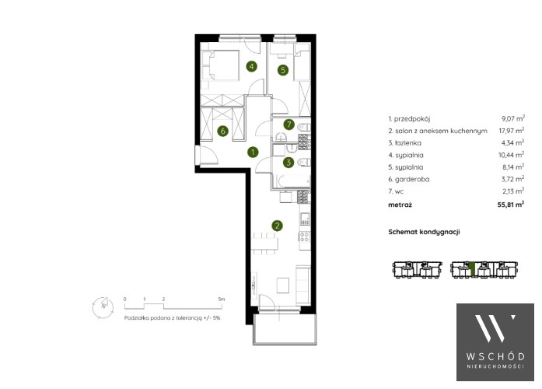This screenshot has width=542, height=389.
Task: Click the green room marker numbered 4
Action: click(x=252, y=66)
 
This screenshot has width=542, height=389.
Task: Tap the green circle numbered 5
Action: click(x=283, y=70)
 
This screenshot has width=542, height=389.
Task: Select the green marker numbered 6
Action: click(x=223, y=131)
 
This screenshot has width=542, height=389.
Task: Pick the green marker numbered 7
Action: click(x=289, y=124)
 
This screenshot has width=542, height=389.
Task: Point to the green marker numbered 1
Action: click(x=253, y=152)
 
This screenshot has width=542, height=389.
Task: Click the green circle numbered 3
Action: click(x=288, y=162)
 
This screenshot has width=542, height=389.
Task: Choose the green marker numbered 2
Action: click(x=277, y=226)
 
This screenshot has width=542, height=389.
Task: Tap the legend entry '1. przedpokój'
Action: click(x=409, y=119)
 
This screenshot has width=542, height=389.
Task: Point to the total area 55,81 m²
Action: click(x=511, y=205)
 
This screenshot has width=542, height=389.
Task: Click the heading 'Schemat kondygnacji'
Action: click(x=424, y=232)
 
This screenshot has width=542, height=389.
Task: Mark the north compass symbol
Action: click(x=103, y=307)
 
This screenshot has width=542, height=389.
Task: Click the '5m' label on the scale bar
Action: click(x=221, y=299)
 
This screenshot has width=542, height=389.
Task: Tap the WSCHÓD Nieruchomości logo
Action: click(x=495, y=342)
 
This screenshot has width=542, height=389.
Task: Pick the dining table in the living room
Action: click(x=264, y=244)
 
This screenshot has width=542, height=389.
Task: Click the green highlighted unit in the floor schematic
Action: click(x=473, y=270)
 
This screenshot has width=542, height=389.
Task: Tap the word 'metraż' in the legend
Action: click(x=400, y=205)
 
